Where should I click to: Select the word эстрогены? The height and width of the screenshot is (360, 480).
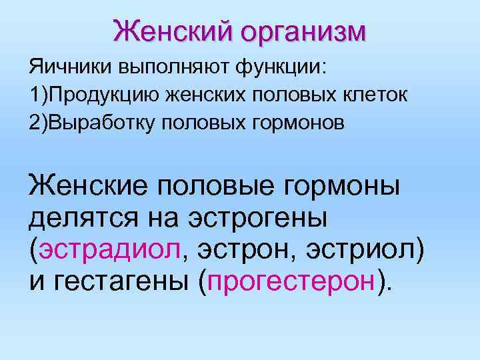tap(267, 216)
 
